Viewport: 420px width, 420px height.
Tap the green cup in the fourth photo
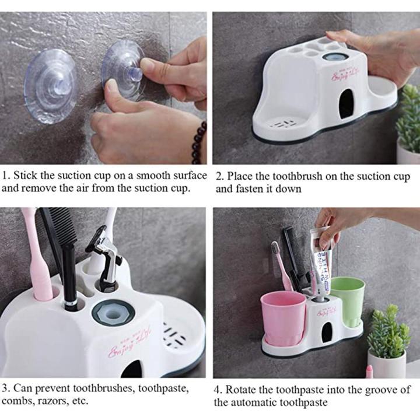[348, 300]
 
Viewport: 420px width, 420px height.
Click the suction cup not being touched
[50, 85]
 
